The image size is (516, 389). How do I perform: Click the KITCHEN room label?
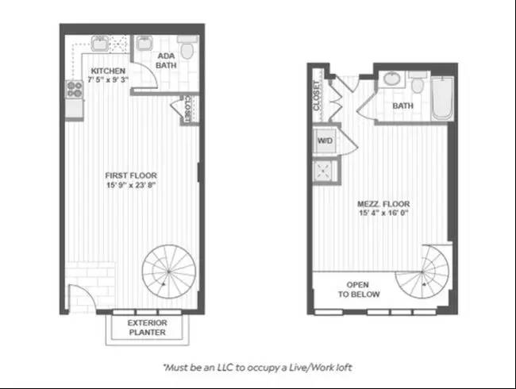click(x=108, y=71)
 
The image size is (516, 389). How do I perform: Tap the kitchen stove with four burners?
click(x=75, y=90)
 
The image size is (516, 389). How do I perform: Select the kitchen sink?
click(x=99, y=44)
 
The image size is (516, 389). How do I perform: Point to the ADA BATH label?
click(x=166, y=60)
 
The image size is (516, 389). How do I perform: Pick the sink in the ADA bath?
click(x=144, y=43)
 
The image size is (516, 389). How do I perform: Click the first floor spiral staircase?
click(x=169, y=272)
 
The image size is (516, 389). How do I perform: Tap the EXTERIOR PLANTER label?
click(x=147, y=327)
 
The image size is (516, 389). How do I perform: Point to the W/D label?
click(x=325, y=141)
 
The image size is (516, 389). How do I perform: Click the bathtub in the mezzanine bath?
click(x=443, y=98)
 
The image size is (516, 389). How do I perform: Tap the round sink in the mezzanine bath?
click(x=391, y=79)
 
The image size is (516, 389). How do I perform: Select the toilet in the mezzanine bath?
click(x=418, y=83)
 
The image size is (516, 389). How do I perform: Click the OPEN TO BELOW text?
click(x=358, y=290)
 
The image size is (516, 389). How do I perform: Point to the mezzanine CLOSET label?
click(x=317, y=96)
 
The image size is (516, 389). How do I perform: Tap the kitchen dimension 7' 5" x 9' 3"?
click(x=108, y=79)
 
